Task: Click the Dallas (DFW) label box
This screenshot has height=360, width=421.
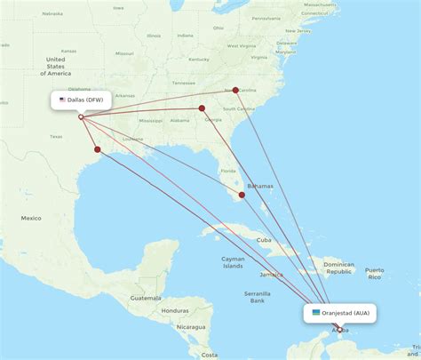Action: coord(82,100)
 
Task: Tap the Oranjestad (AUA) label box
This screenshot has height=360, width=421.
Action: coord(342,313)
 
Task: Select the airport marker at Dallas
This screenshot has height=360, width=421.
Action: coord(81,116)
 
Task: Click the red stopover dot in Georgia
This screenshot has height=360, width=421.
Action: coord(203,109)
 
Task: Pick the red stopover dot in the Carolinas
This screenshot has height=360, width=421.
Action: coord(235,89)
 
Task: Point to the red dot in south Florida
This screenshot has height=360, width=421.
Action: coord(242,195)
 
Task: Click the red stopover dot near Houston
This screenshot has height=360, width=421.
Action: coord(98,149)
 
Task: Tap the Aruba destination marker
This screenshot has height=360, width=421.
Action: coord(339,330)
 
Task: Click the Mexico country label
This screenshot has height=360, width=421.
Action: coord(32,218)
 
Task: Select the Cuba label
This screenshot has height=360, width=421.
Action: coord(263,239)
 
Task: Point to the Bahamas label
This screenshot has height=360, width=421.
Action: coord(261,187)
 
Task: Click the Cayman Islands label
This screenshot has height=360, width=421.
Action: coord(234,262)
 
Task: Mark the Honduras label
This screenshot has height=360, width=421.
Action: coord(176,310)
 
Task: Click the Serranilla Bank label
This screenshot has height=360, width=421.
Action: coord(258,297)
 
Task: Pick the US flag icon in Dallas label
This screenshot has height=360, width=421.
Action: coord(62,100)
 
